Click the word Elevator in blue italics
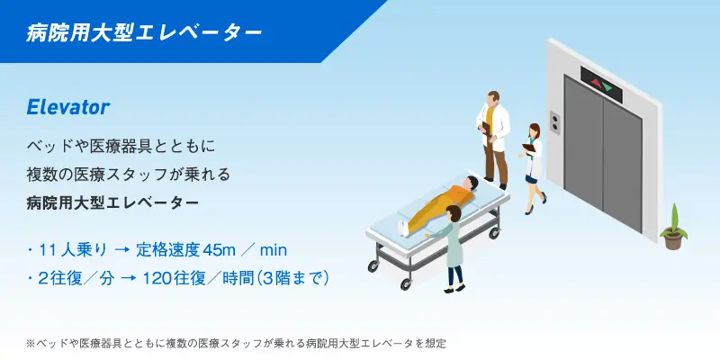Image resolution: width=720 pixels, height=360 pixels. [x=68, y=107]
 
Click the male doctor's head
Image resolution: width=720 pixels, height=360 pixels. [x=494, y=97]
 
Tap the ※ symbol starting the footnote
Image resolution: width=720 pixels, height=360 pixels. [x=31, y=343]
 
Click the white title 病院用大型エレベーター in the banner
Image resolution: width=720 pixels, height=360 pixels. [x=144, y=32]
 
